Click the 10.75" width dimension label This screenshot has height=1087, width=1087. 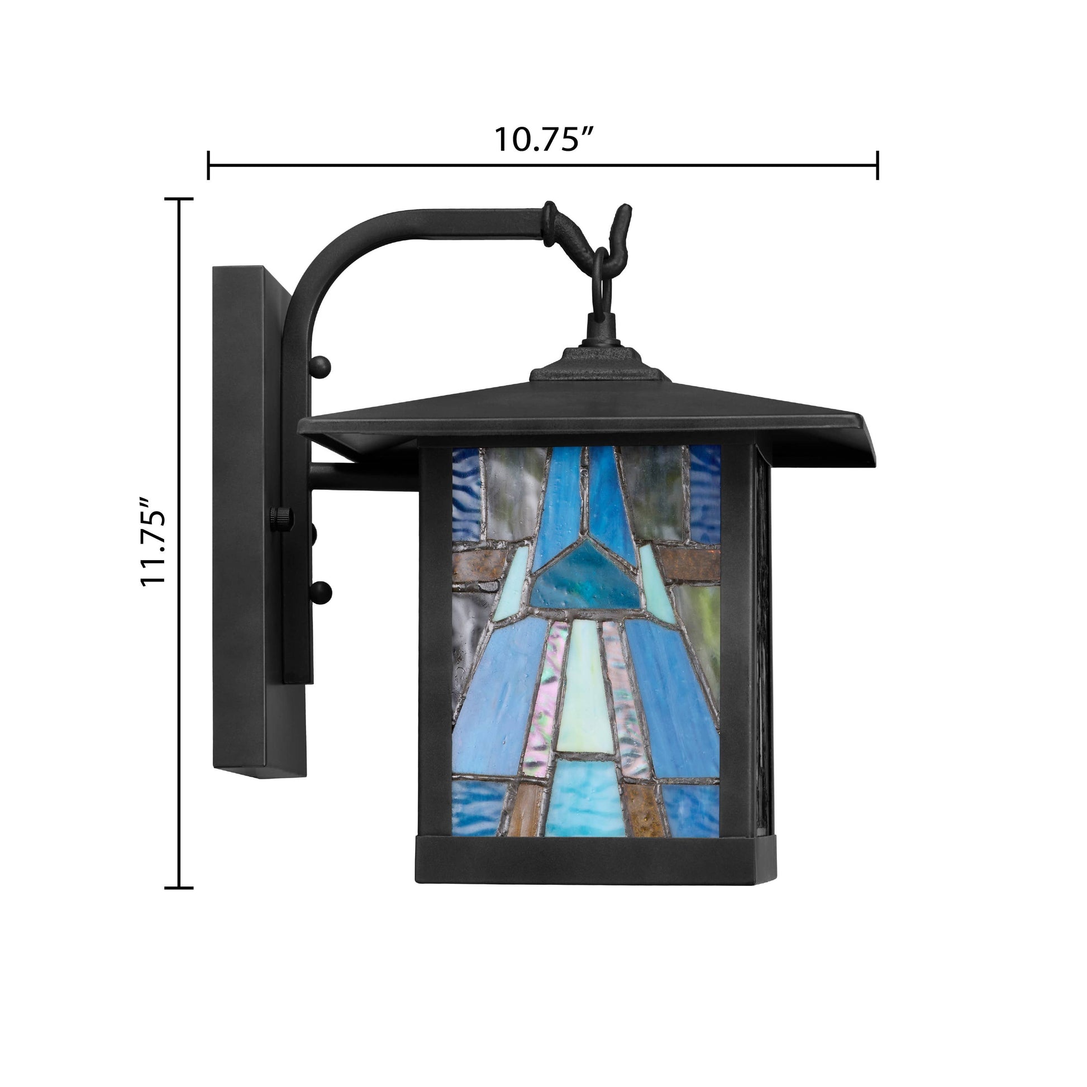click(x=543, y=139)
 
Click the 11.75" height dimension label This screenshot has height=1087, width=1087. click(x=154, y=542)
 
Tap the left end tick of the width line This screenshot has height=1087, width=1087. click(x=209, y=165)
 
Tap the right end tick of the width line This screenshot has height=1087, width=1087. click(x=878, y=165)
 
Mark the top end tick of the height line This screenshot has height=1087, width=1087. click(x=179, y=199)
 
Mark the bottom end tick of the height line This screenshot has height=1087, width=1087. click(x=179, y=888)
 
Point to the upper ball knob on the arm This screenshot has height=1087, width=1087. click(x=321, y=366)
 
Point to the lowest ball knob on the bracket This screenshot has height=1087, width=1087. click(x=322, y=593)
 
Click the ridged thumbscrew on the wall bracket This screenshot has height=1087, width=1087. click(x=282, y=518)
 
